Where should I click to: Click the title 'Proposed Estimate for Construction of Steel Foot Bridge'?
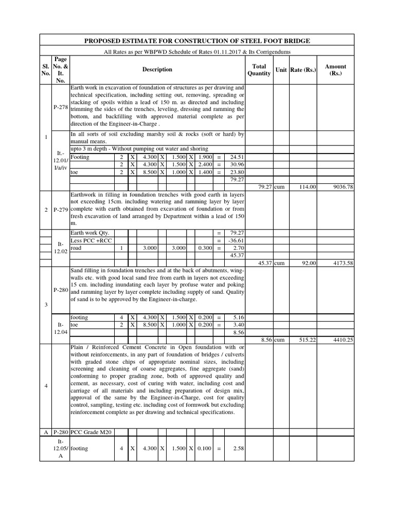tap(197, 41)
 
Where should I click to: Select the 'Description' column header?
tap(157, 70)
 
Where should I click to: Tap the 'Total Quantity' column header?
tap(259, 70)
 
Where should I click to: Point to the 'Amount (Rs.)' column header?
tap(335, 70)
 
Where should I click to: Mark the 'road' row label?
tap(76, 247)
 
